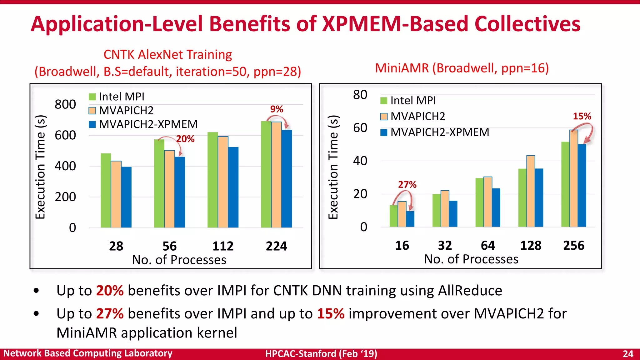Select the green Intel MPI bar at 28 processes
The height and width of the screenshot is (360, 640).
(106, 190)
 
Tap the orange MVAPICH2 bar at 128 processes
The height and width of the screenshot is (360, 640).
(531, 191)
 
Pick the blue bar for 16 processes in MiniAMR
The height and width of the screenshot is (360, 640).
(410, 219)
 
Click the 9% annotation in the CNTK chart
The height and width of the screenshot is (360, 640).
(277, 109)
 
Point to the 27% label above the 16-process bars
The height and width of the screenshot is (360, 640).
(407, 185)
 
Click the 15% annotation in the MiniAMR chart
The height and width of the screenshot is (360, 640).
(582, 117)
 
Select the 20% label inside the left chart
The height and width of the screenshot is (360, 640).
(185, 139)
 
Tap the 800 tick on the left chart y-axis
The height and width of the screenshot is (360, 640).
(65, 104)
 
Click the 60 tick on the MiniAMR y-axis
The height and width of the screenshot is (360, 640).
(360, 128)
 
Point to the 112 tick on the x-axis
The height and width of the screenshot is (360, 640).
(223, 246)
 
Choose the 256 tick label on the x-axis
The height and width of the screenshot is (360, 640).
(573, 246)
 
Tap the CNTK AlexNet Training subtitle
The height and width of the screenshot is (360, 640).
(167, 55)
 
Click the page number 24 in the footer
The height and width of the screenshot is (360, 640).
(627, 354)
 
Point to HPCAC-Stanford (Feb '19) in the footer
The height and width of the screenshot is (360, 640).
(321, 354)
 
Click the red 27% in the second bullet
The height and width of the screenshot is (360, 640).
(110, 313)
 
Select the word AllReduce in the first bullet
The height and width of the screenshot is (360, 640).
(470, 291)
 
